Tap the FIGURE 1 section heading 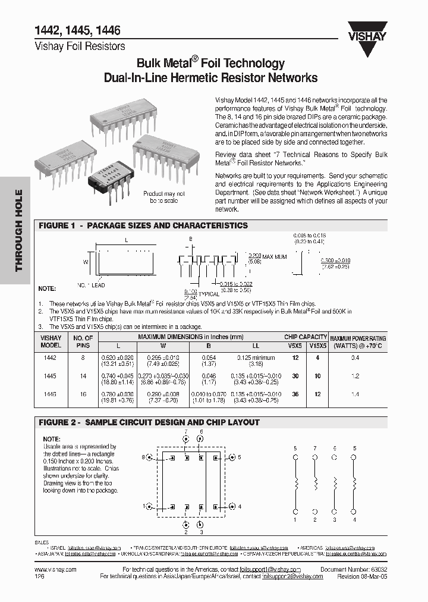pyautogui.click(x=143, y=226)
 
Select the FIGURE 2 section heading pyautogui.click(x=149, y=422)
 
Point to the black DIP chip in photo pyautogui.click(x=109, y=177)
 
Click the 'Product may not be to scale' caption pyautogui.click(x=164, y=197)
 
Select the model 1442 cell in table pyautogui.click(x=51, y=358)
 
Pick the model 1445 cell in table pyautogui.click(x=51, y=376)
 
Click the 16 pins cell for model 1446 pyautogui.click(x=83, y=394)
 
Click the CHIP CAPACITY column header pyautogui.click(x=305, y=337)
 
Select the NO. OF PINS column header pyautogui.click(x=83, y=341)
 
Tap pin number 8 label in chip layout pyautogui.click(x=144, y=457)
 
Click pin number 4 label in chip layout pyautogui.click(x=240, y=507)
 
